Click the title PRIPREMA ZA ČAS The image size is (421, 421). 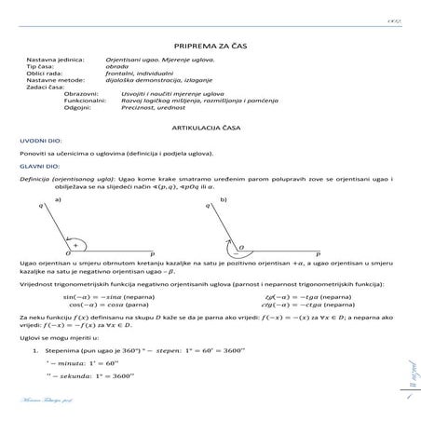point(210,45)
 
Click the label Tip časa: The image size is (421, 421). point(42,67)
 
